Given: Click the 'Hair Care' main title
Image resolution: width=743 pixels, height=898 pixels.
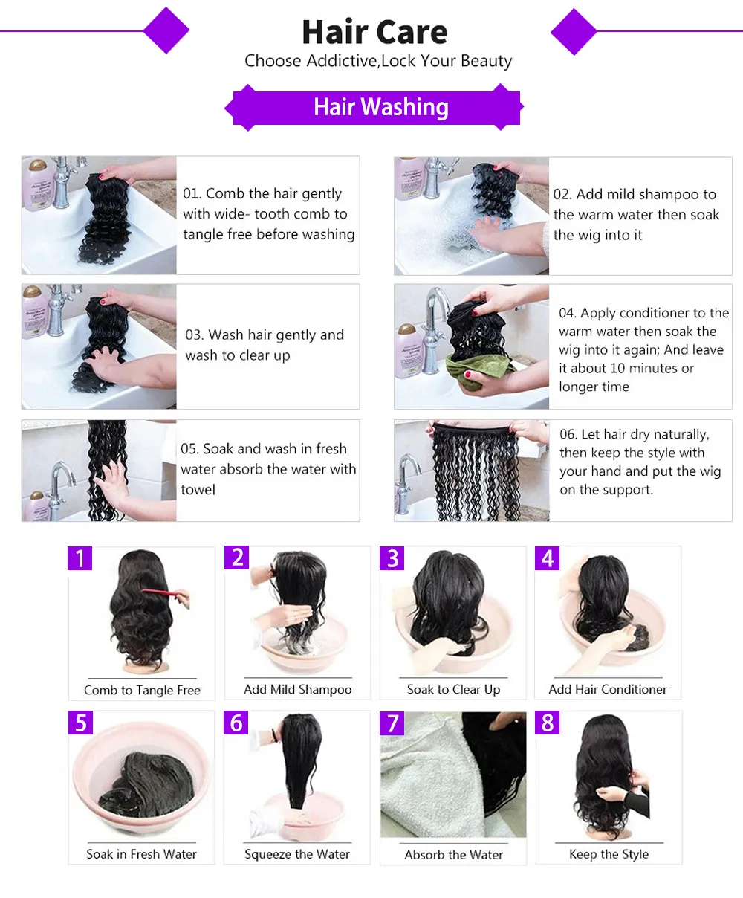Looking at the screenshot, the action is tap(374, 32).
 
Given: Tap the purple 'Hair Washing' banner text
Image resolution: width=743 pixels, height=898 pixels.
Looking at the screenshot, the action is tap(381, 106).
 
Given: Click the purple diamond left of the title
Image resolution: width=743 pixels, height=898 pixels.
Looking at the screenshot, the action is tap(166, 30).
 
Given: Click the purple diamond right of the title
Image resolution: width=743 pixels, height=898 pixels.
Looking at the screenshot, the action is tap(574, 32).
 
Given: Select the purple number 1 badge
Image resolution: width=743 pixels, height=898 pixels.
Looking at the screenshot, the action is tap(80, 558).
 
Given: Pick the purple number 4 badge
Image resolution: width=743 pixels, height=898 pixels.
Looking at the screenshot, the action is tap(548, 558).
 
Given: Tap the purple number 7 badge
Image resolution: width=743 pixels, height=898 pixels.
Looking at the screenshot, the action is tap(392, 723).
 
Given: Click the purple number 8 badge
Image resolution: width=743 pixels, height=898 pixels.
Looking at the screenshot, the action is tap(548, 723).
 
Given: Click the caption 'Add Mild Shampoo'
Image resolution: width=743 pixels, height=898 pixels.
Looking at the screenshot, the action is tap(297, 689).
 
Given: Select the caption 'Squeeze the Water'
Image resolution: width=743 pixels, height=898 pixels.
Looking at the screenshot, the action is tap(297, 854).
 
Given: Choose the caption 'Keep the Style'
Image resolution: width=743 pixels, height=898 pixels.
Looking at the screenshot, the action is tap(609, 853).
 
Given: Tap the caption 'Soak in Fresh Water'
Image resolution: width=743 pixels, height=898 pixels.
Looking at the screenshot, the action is tap(141, 853).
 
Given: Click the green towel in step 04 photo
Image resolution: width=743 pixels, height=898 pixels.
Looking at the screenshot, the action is tap(478, 370).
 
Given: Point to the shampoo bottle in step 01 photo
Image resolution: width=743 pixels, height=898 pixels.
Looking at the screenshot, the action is tap(37, 185).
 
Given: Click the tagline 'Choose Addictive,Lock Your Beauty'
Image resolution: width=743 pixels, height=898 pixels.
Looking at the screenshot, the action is tap(378, 61).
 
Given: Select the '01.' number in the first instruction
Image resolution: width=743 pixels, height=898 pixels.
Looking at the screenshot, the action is tap(192, 193).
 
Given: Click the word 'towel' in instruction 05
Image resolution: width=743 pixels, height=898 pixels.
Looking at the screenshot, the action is tap(198, 489).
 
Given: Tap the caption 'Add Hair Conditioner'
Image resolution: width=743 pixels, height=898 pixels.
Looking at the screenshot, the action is tap(608, 689).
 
